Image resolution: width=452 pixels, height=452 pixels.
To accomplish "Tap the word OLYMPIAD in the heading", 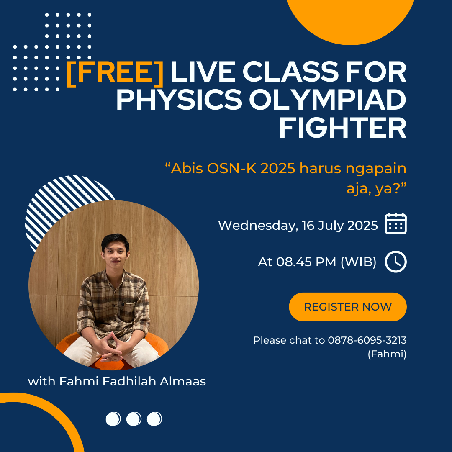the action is (x=327, y=100).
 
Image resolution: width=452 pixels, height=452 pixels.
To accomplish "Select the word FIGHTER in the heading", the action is (x=343, y=127).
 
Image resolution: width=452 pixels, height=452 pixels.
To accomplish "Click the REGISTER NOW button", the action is (x=348, y=307).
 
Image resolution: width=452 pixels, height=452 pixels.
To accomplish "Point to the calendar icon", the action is (x=395, y=223).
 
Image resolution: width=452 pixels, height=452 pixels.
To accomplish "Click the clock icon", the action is (x=395, y=262).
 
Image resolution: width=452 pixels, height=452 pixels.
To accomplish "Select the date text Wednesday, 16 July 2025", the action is (x=298, y=226).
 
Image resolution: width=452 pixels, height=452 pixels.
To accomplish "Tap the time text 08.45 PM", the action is (x=306, y=262).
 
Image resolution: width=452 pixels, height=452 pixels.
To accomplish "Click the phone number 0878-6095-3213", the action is (x=367, y=340).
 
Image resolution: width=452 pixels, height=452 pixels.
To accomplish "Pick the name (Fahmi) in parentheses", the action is (x=387, y=354).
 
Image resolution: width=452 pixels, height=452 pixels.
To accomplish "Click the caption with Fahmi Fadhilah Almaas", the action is (x=117, y=381).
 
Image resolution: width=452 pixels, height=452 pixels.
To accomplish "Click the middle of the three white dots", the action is (x=134, y=419).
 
